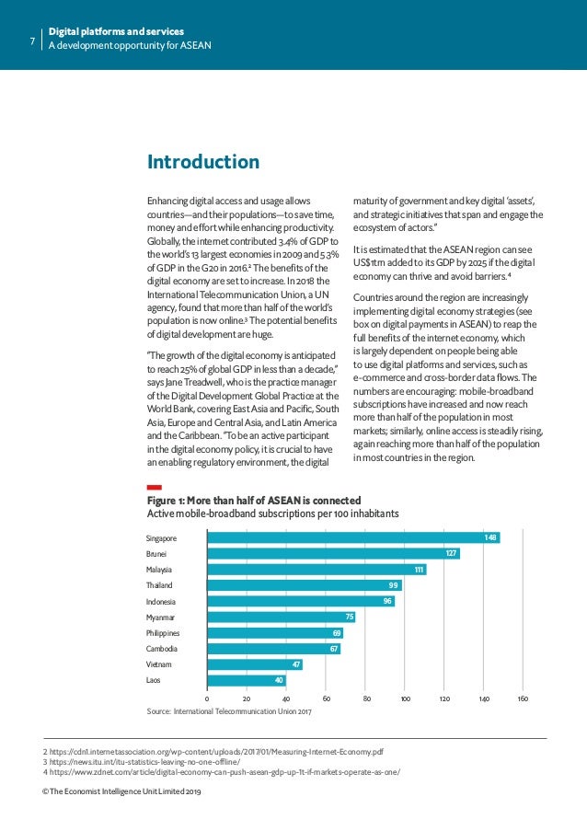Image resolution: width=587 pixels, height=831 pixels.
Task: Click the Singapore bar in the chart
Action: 352,537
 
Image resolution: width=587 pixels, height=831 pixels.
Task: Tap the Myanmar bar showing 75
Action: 281,617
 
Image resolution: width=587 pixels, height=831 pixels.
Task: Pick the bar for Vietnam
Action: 254,664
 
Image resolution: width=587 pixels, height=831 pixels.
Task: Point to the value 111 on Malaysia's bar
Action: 420,570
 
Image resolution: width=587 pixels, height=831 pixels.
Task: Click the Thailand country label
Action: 159,585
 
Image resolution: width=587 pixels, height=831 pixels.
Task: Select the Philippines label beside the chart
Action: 163,633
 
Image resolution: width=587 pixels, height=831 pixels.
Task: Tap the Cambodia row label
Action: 161,649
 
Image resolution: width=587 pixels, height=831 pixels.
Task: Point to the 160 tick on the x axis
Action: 523,699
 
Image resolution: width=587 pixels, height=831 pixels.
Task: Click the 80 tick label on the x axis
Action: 367,699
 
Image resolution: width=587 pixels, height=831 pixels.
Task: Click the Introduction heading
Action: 203,163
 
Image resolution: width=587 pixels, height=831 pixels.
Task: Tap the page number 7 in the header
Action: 32,40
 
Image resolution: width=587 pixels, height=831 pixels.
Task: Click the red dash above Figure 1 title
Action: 155,486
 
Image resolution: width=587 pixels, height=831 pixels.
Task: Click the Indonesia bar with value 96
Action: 300,601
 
